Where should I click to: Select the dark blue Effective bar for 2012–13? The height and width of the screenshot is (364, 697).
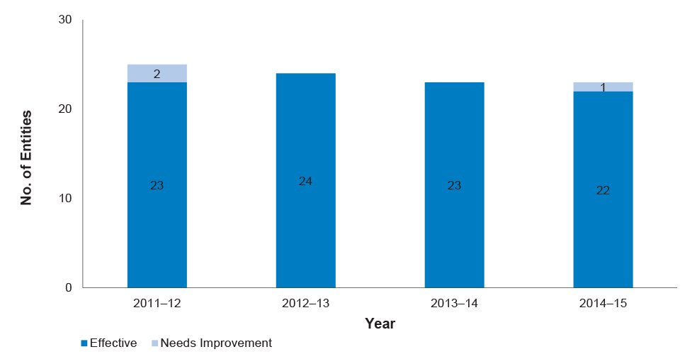[306, 180]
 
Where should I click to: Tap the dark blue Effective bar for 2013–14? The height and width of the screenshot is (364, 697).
[454, 185]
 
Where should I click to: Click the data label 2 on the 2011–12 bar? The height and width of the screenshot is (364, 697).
[157, 74]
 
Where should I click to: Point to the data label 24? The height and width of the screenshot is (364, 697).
[305, 181]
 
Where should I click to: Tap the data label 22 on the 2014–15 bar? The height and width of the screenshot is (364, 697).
[603, 190]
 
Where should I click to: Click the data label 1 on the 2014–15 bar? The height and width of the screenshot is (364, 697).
[603, 88]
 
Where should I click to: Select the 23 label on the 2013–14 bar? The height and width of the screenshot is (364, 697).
[454, 185]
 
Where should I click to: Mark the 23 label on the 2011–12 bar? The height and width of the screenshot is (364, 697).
[157, 185]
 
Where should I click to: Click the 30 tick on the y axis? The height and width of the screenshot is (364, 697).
[65, 20]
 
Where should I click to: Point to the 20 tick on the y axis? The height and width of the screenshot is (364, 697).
[65, 109]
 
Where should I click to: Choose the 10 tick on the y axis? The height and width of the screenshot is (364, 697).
[65, 198]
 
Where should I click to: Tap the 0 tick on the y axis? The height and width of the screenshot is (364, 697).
[69, 288]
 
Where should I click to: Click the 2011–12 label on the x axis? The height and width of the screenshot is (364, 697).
[157, 304]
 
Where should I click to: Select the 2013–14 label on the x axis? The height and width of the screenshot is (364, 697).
[454, 304]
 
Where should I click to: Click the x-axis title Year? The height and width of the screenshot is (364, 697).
[380, 324]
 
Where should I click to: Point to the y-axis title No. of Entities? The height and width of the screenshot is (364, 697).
[26, 158]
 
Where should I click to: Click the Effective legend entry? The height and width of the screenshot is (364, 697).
[109, 343]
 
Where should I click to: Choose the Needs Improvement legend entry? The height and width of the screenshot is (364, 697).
[212, 343]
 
